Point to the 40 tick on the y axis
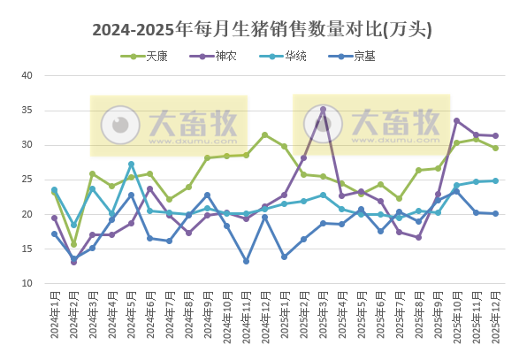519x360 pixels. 27,75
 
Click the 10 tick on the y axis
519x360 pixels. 27,284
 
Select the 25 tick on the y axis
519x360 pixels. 27,180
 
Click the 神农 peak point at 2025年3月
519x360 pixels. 323,110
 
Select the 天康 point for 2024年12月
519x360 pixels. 265,134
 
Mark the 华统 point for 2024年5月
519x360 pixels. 131,164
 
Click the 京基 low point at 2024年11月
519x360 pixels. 246,261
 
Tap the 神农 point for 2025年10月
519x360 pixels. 457,120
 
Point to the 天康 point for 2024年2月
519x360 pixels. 73,244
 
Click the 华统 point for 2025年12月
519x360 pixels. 495,180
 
